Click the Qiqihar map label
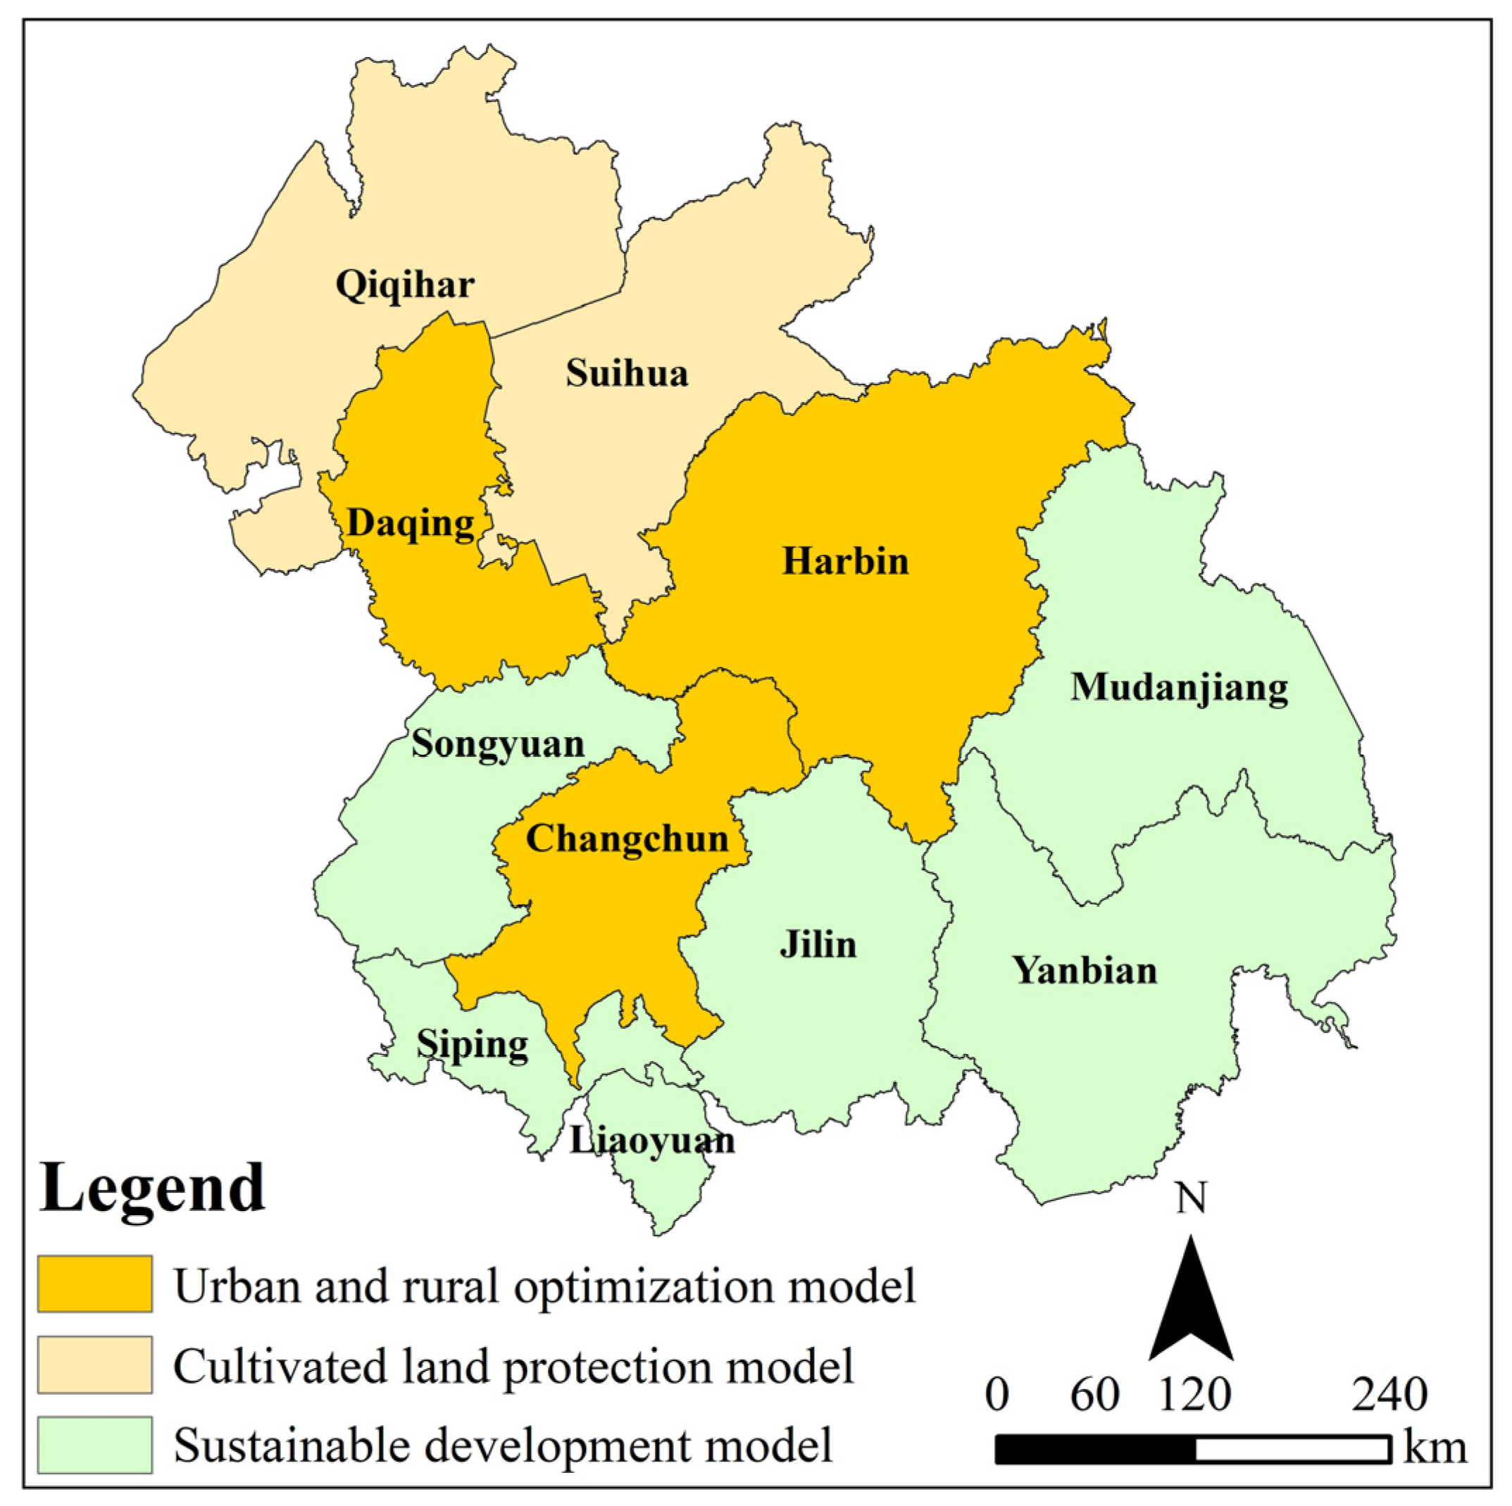pos(405,284)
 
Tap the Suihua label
pos(627,373)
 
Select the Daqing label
pos(410,523)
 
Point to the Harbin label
pos(845,562)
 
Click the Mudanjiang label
pos(1179,689)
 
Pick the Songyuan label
pos(498,744)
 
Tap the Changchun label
pos(627,839)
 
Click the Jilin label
pos(818,945)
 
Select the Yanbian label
pos(1085,971)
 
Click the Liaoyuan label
pos(652,1141)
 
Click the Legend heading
pos(153,1188)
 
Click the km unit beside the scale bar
pos(1435,1448)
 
